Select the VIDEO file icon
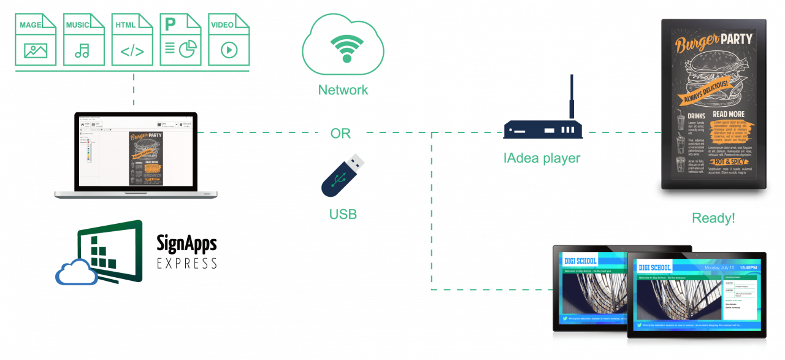pos(229,40)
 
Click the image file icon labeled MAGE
pos(36,40)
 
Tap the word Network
pos(343,90)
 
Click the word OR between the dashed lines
pos(340,133)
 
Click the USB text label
pos(342,214)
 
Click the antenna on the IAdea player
pos(571,96)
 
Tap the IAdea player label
pos(542,158)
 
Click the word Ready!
pos(713,218)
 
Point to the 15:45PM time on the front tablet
pos(748,267)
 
